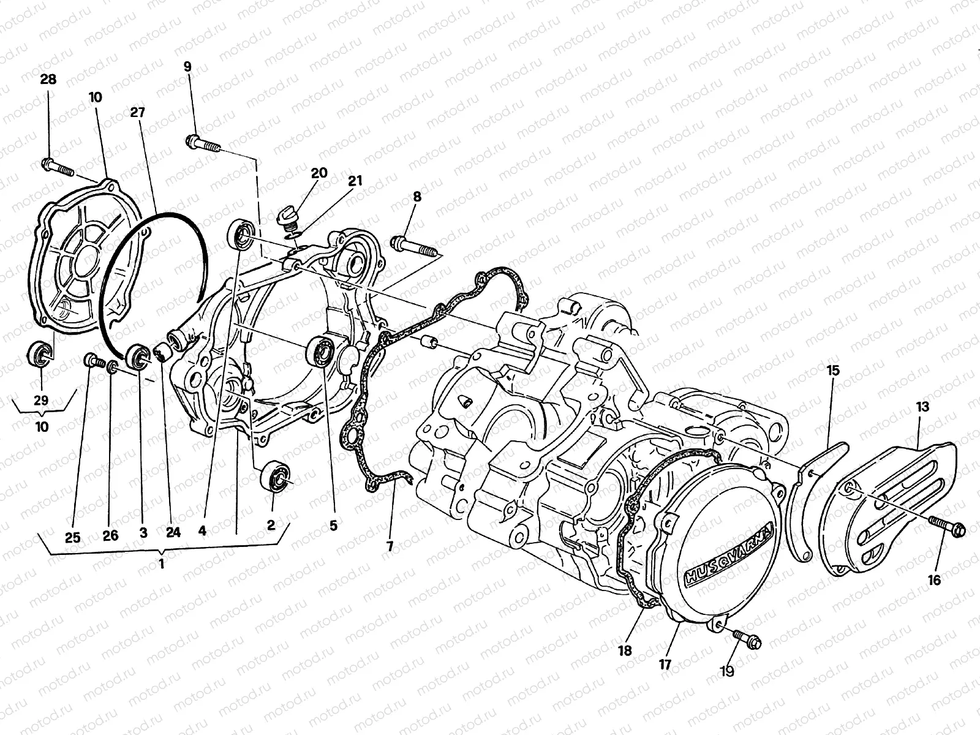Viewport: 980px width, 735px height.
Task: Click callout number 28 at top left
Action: pyautogui.click(x=48, y=79)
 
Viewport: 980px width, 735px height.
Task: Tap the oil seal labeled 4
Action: pyautogui.click(x=241, y=235)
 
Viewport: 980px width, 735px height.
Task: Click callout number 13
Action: pyautogui.click(x=922, y=407)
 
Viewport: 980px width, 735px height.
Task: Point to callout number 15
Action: pyautogui.click(x=833, y=371)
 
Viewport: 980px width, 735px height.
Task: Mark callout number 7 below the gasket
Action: pyautogui.click(x=390, y=545)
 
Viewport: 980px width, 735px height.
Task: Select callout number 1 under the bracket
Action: pyautogui.click(x=162, y=564)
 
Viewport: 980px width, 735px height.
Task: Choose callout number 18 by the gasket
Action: pyautogui.click(x=624, y=650)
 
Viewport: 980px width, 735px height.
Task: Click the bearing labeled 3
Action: pyautogui.click(x=138, y=358)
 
